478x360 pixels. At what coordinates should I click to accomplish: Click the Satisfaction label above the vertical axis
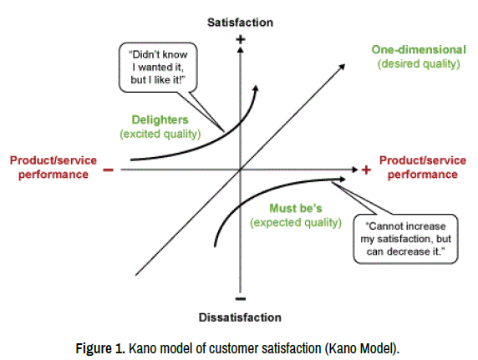[240, 23]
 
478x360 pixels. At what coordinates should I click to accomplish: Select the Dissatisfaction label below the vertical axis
[240, 317]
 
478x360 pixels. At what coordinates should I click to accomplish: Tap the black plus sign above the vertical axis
[241, 39]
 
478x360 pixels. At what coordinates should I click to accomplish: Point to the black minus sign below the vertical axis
[241, 299]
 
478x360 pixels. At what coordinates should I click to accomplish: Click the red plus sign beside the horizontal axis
[366, 170]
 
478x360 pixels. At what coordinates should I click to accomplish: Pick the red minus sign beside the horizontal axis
[109, 170]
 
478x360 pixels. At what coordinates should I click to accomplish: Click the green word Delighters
[160, 119]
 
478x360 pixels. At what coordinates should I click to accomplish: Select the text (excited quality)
[160, 134]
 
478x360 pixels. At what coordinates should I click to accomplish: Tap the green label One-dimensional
[419, 49]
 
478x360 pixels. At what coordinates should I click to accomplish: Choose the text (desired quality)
[419, 63]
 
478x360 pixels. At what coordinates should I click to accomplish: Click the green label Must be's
[296, 209]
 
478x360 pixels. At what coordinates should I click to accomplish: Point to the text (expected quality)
[296, 222]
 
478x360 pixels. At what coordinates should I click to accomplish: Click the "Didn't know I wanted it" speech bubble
[158, 67]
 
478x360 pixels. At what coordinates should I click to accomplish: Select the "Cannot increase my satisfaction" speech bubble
[406, 239]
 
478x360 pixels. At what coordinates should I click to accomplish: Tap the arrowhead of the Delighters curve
[256, 88]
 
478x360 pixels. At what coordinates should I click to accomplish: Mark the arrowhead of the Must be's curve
[343, 180]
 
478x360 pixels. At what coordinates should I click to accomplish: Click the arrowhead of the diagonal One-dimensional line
[342, 67]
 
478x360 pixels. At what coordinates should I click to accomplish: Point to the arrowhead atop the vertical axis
[241, 49]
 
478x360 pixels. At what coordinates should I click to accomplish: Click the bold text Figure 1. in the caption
[100, 348]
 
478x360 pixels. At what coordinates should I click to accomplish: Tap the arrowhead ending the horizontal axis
[354, 170]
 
